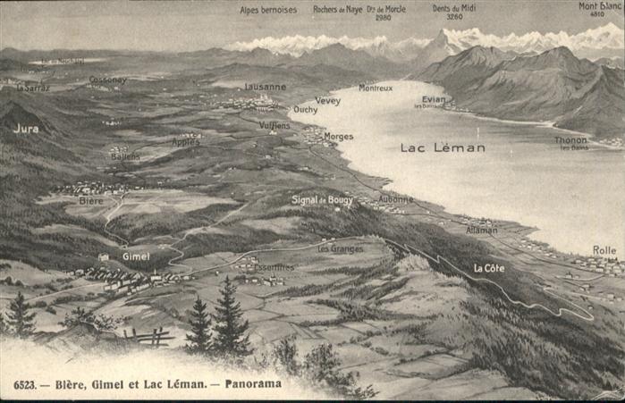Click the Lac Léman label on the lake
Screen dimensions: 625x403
[x=443, y=147]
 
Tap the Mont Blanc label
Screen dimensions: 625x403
[x=600, y=6]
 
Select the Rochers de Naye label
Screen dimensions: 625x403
[x=337, y=10]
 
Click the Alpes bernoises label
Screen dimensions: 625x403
[x=268, y=10]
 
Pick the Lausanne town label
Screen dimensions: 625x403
[x=266, y=87]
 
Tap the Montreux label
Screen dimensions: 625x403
[x=376, y=88]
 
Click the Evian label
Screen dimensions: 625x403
[x=434, y=99]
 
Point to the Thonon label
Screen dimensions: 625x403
[x=571, y=140]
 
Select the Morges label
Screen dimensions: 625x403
[x=339, y=137]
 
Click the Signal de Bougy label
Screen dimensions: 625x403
[x=322, y=200]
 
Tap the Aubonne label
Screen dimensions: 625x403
[x=395, y=199]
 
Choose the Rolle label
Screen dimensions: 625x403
[x=604, y=250]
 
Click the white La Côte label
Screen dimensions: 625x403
[x=489, y=268]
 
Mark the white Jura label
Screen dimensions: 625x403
[x=26, y=129]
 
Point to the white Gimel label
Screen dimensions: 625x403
[x=136, y=256]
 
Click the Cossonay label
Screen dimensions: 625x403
[x=107, y=80]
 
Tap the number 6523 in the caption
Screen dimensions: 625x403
[x=25, y=384]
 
